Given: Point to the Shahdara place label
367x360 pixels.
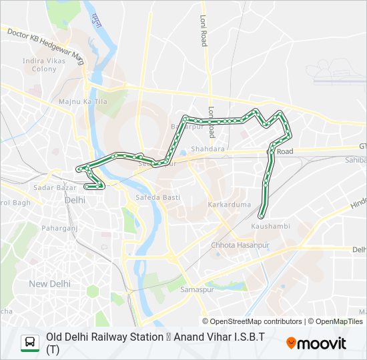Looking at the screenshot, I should [x=208, y=149].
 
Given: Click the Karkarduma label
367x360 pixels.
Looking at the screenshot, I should [x=229, y=204].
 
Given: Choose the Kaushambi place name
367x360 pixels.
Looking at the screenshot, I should [x=270, y=226].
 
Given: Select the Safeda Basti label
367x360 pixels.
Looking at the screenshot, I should [x=155, y=197].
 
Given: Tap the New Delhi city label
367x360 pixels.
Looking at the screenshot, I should [x=49, y=283].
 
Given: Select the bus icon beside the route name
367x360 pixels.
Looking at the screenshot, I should [x=30, y=343].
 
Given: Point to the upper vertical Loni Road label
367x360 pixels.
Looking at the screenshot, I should [x=204, y=31].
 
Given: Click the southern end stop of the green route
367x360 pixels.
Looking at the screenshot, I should [x=262, y=215].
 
